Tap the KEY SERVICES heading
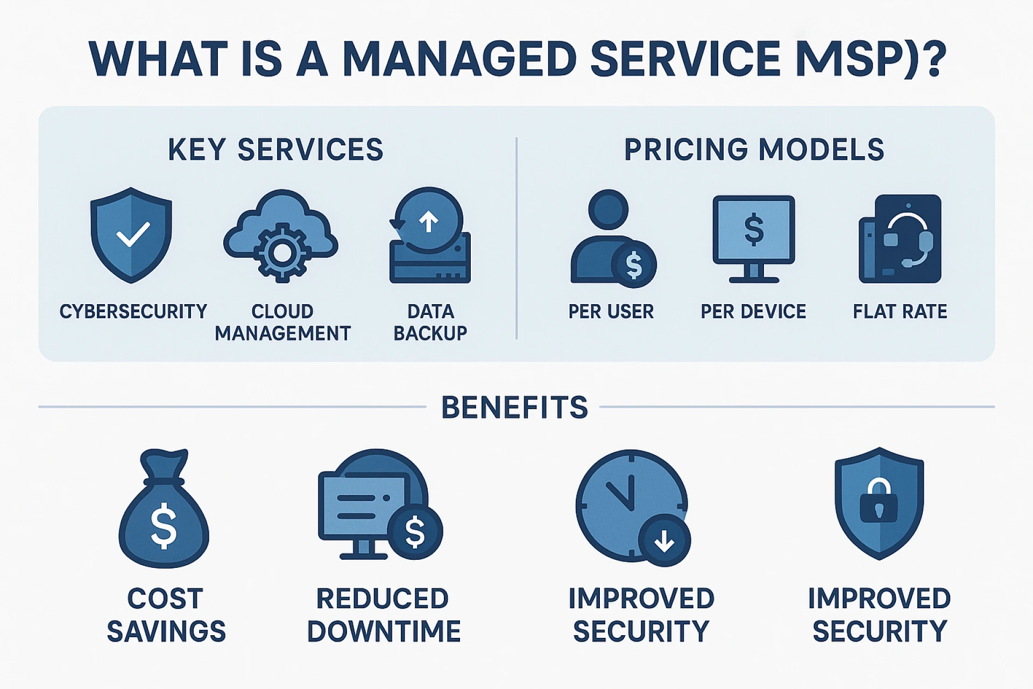point(275,150)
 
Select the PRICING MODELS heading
point(754,150)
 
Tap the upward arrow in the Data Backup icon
point(429,221)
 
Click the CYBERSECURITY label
point(133,312)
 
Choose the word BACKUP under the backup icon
point(430,334)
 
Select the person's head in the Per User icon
point(609,209)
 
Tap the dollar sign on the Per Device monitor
point(754,229)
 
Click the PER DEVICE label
point(753,312)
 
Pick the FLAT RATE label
point(900,312)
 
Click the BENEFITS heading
point(514,407)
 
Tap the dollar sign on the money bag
point(164,525)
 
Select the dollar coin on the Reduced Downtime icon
point(415,532)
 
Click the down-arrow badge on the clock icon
point(664,540)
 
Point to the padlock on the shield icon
point(879,501)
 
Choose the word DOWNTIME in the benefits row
point(384,631)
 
